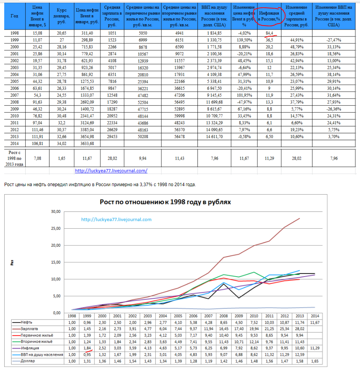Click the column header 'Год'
(x=15, y=16)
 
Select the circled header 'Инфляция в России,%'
(x=269, y=16)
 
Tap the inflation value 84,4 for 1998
(x=269, y=33)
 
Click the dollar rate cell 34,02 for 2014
(x=62, y=144)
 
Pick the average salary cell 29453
(x=112, y=137)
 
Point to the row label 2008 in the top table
(x=15, y=102)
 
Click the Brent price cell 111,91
(x=37, y=137)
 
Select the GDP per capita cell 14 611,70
(x=214, y=137)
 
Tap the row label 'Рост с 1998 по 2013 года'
(x=15, y=158)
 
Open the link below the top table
(x=111, y=170)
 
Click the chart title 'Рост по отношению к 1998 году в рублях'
(x=165, y=202)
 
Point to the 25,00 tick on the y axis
(x=56, y=228)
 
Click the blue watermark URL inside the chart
(x=116, y=219)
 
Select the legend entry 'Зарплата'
(x=29, y=329)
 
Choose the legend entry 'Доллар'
(x=28, y=361)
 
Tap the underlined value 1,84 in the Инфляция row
(x=87, y=348)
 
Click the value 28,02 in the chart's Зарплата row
(x=299, y=329)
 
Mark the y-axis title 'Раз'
(x=12, y=263)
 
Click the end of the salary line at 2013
(x=299, y=218)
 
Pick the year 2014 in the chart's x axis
(x=315, y=316)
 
